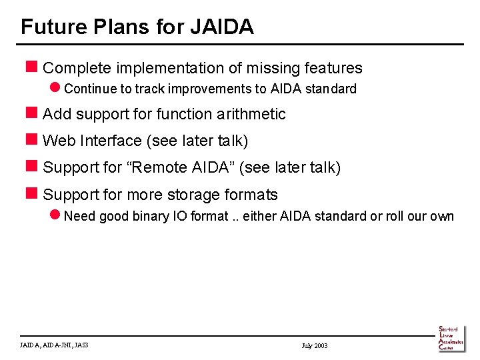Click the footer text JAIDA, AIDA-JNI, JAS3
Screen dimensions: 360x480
[x=55, y=345]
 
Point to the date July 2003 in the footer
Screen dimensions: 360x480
[x=315, y=346]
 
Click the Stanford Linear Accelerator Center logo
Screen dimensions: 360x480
[x=451, y=338]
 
